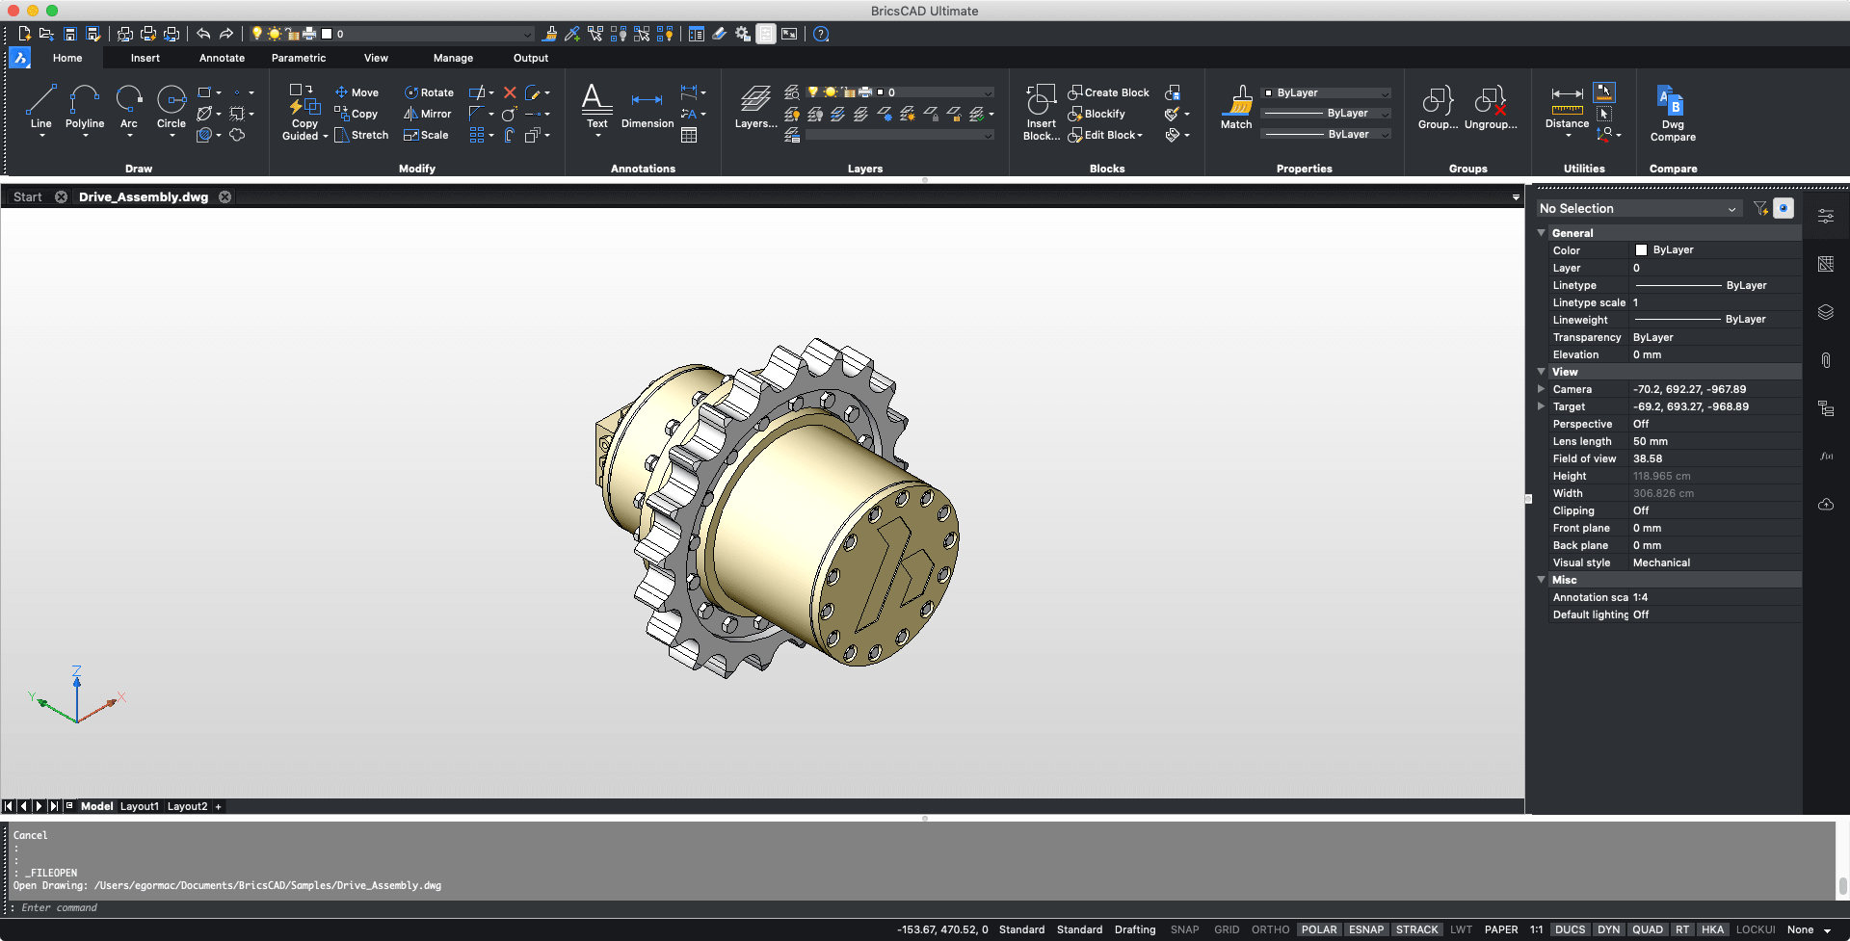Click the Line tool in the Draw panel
40,106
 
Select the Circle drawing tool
172,106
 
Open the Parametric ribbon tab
299,58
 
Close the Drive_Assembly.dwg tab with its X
225,196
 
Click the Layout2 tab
187,806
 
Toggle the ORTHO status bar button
1270,929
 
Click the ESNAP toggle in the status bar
1365,929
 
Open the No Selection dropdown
1638,208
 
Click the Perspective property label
1582,424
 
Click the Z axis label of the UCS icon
76,670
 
